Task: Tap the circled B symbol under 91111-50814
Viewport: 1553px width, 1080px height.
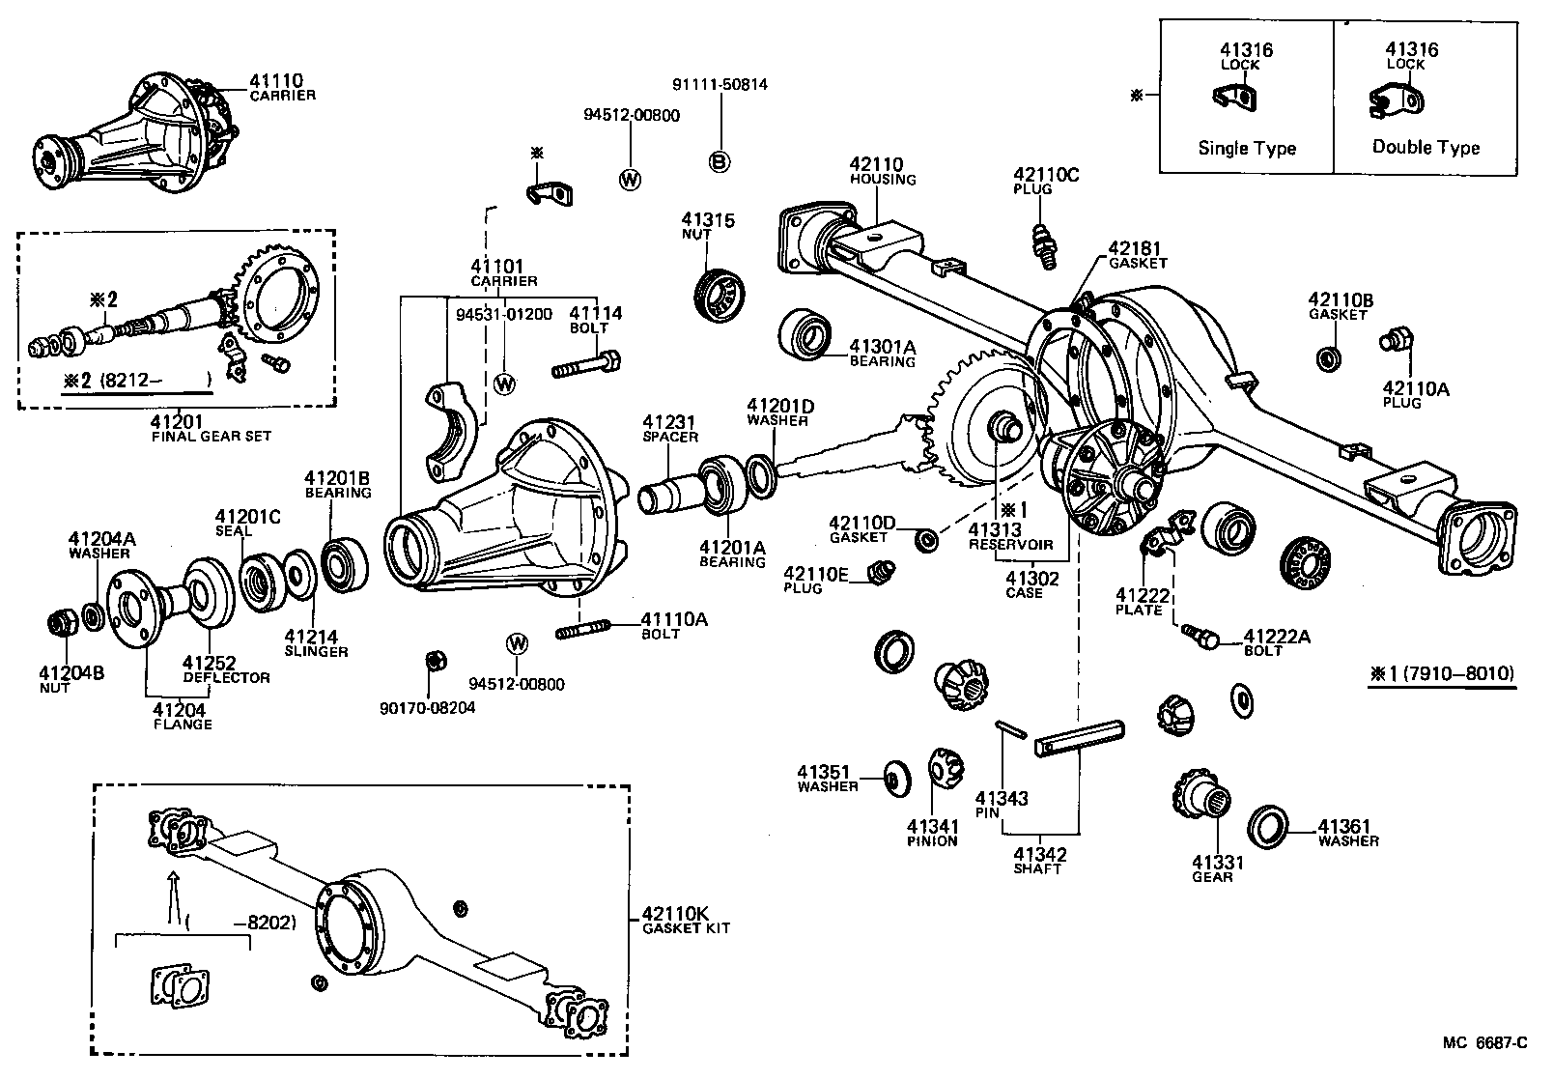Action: click(720, 161)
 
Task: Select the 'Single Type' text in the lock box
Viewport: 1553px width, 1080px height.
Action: click(1246, 148)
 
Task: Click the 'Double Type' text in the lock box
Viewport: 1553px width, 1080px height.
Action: click(1426, 147)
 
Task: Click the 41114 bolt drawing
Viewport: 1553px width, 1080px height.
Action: click(585, 367)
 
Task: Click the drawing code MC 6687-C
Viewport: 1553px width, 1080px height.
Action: click(1485, 1042)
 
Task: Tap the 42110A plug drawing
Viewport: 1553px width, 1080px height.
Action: click(1396, 340)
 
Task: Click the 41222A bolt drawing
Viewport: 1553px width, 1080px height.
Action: click(1200, 635)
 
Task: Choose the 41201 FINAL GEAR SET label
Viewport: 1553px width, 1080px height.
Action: click(211, 428)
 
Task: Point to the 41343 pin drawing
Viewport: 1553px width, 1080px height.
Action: click(1010, 728)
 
